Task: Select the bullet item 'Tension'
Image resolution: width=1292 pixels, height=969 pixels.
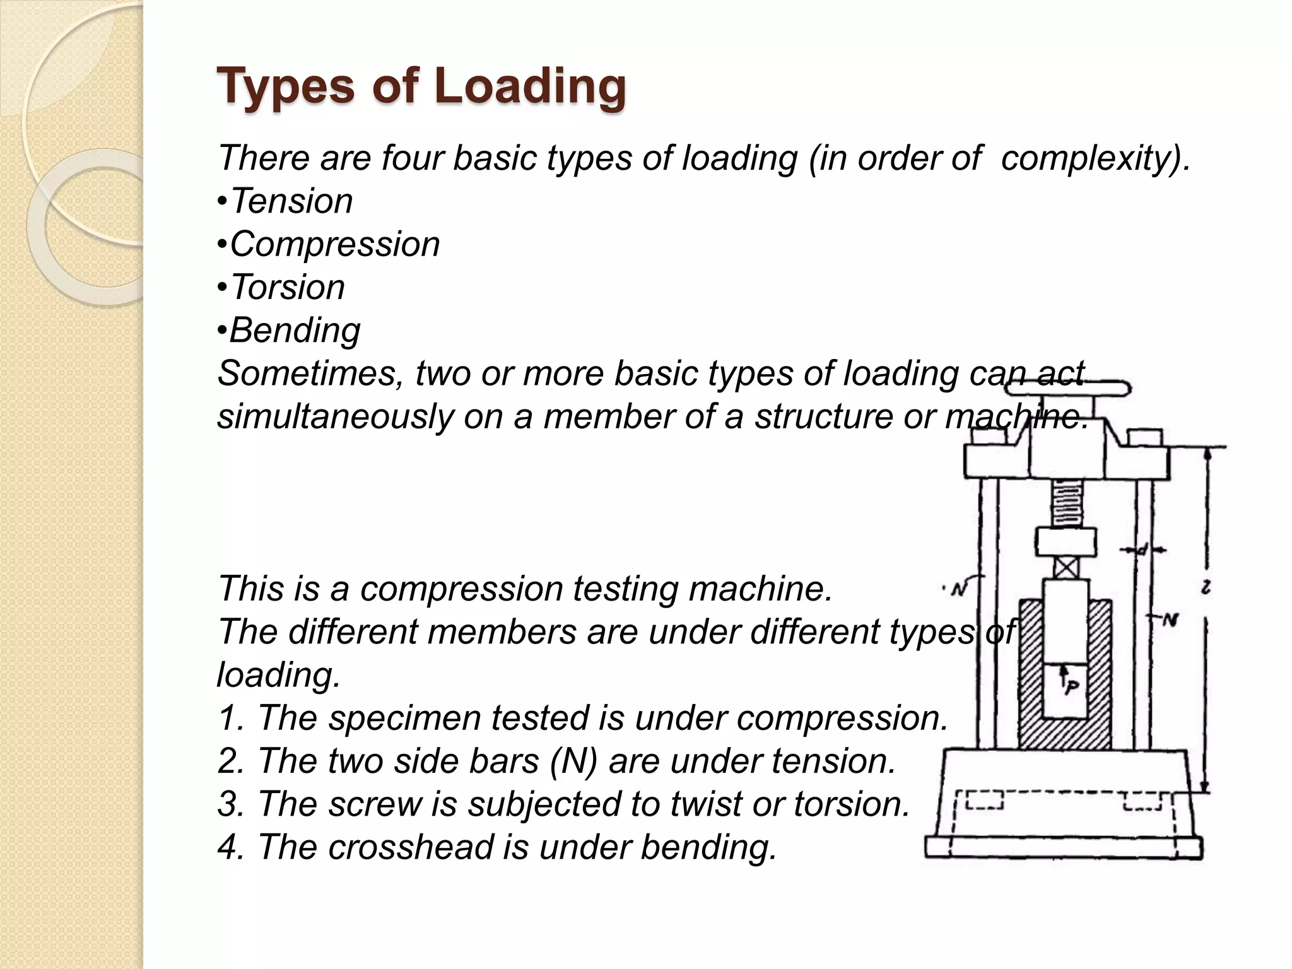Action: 291,201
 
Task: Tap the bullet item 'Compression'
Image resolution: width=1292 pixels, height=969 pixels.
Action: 334,244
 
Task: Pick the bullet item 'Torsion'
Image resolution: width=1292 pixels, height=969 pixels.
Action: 287,287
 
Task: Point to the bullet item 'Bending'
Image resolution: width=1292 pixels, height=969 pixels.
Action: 295,330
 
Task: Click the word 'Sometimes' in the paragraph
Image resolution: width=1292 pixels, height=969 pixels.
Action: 309,373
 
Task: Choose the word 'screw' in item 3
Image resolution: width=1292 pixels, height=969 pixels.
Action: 374,804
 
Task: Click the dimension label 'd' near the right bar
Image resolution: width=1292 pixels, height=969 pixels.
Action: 1142,549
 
